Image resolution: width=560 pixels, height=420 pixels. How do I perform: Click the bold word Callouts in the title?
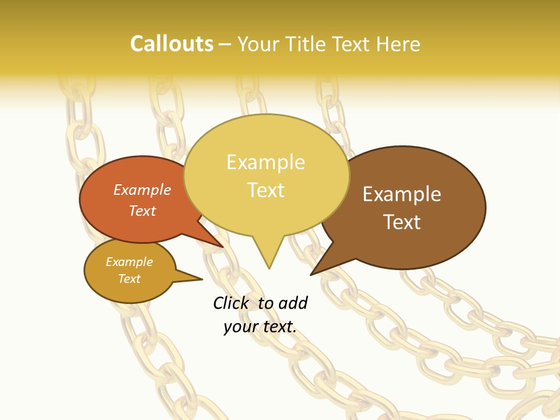pos(171,44)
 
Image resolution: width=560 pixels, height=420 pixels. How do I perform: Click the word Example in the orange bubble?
pos(142,190)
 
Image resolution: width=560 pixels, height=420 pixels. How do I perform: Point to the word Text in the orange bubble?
pos(142,211)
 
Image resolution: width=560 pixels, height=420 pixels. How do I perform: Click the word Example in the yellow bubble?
pos(265,162)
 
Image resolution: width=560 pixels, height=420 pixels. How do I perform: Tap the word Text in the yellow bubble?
pos(265,190)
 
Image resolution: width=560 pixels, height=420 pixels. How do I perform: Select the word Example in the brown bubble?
pos(402,194)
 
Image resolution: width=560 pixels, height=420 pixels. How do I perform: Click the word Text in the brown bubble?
pos(402,222)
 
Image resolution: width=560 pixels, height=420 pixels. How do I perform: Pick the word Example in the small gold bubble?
pos(129,262)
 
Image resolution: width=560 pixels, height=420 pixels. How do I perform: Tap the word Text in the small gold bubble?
pos(129,279)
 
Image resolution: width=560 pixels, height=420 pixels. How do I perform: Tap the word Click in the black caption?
pos(232,303)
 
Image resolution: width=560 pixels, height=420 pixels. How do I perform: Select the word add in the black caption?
pos(293,303)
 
